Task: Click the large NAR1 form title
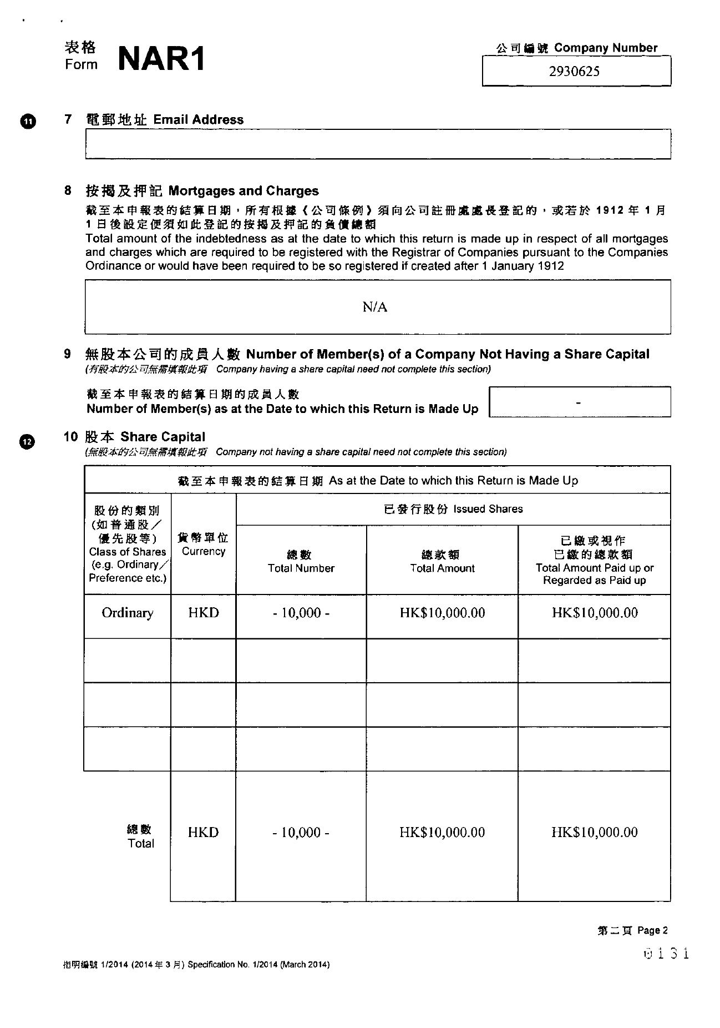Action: coord(161,59)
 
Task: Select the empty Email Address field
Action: coord(378,144)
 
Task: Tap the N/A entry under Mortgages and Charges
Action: coord(375,307)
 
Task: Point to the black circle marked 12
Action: coord(27,441)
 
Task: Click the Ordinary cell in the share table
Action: coord(127,613)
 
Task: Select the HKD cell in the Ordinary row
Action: coord(203,613)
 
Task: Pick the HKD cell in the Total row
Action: coord(203,832)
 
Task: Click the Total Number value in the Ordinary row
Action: coord(301,613)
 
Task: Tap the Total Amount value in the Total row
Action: coord(442,832)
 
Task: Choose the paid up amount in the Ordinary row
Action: coord(594,613)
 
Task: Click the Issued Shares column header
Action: coord(453,509)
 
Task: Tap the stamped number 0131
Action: coord(666,954)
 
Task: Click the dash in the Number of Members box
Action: coord(579,401)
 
